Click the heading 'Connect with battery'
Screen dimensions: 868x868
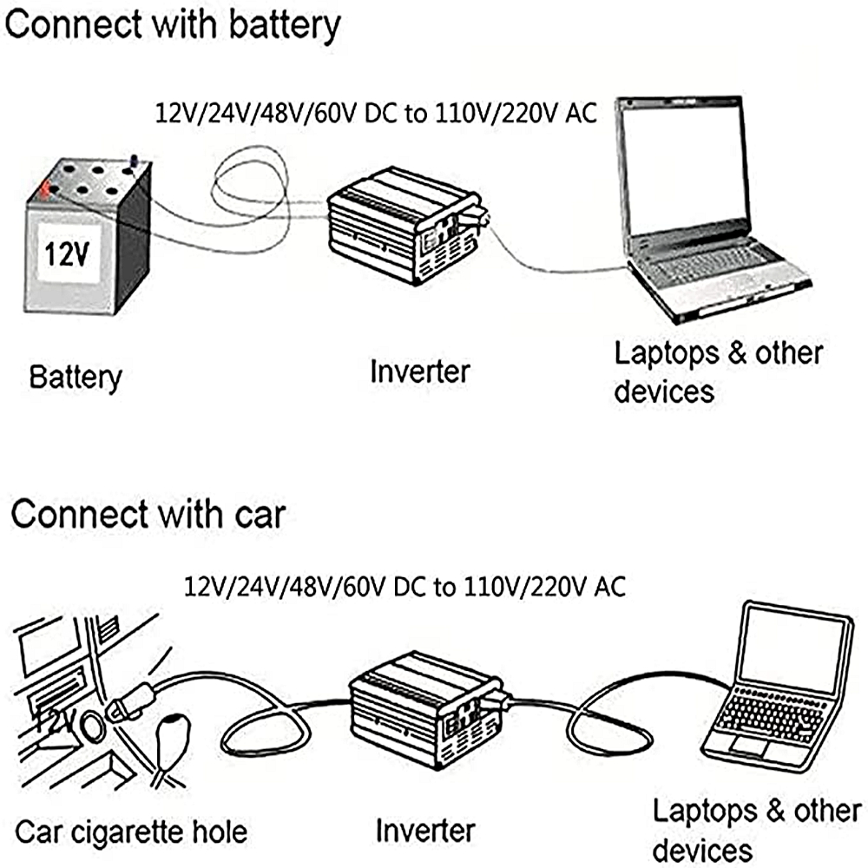coord(172,26)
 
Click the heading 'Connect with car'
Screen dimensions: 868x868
coord(148,514)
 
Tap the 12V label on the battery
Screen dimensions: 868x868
coord(69,254)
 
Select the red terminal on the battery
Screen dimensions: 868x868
coord(43,185)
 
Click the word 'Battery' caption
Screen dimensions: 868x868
coord(76,378)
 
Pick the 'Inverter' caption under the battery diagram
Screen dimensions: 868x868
coord(419,372)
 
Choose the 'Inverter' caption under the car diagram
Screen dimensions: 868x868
coord(425,830)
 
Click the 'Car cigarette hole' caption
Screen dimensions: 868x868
coord(131,832)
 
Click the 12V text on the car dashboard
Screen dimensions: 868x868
coord(54,720)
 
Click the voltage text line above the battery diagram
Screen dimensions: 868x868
coord(375,113)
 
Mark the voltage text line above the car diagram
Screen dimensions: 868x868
coord(404,586)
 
